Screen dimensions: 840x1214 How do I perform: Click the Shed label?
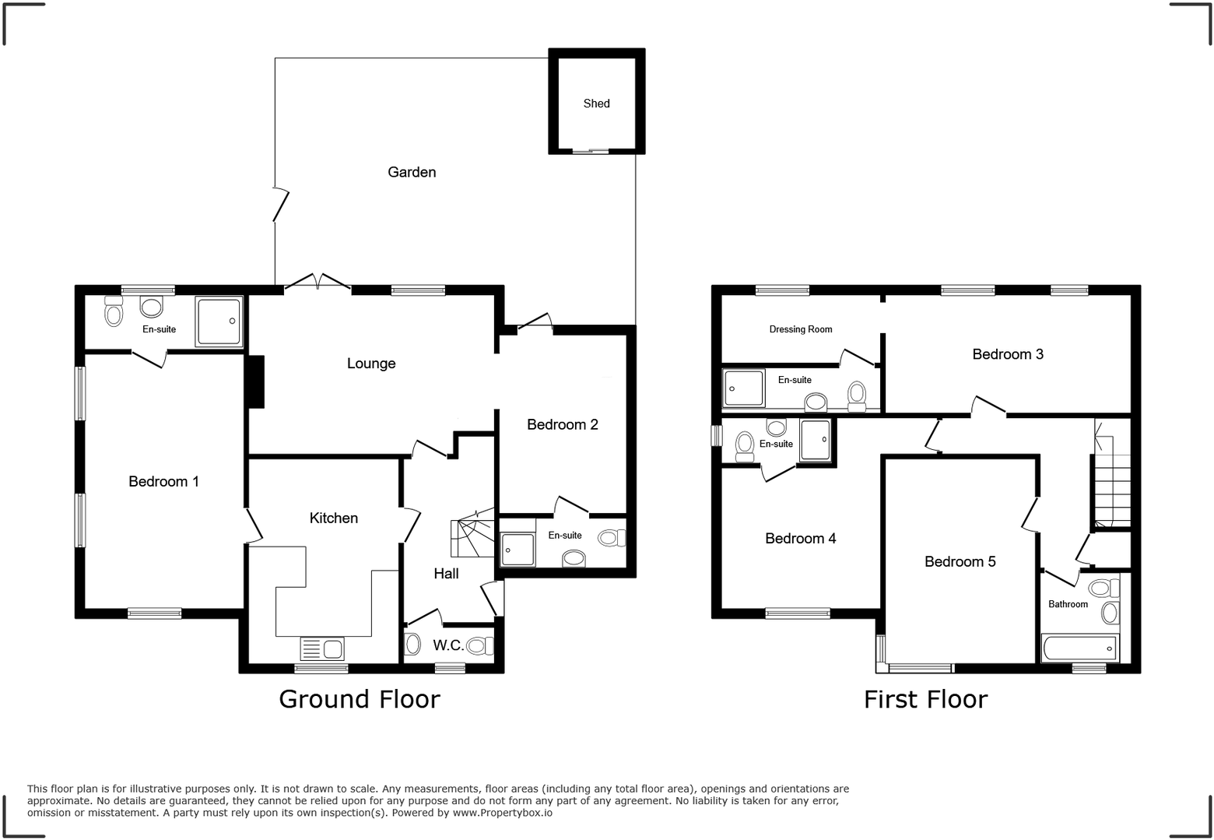tap(597, 104)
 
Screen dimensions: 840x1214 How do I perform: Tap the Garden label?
tap(412, 172)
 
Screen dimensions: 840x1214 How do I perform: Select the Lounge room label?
tap(371, 364)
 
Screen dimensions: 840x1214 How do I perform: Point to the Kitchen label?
tap(334, 518)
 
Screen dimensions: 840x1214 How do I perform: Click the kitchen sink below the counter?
tap(322, 648)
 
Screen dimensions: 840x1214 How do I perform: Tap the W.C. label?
tap(448, 645)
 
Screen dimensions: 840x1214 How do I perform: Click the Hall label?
tap(446, 574)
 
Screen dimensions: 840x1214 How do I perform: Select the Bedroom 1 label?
tap(163, 482)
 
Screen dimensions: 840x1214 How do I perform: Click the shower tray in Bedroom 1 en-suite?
tap(219, 322)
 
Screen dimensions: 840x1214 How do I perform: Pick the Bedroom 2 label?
tap(563, 424)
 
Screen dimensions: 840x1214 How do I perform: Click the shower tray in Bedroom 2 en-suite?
tap(518, 549)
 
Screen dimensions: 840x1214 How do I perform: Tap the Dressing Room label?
tap(801, 329)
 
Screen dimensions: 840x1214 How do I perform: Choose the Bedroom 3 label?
tap(1008, 354)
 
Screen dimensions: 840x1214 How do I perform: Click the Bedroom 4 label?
tap(801, 539)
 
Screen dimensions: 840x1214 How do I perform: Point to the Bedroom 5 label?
tap(960, 562)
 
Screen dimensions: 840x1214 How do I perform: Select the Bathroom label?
tap(1068, 604)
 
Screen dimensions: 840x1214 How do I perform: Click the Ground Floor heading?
tap(360, 699)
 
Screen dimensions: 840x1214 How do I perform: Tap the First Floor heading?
tap(925, 699)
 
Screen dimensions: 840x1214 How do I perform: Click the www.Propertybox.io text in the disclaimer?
tap(503, 813)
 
